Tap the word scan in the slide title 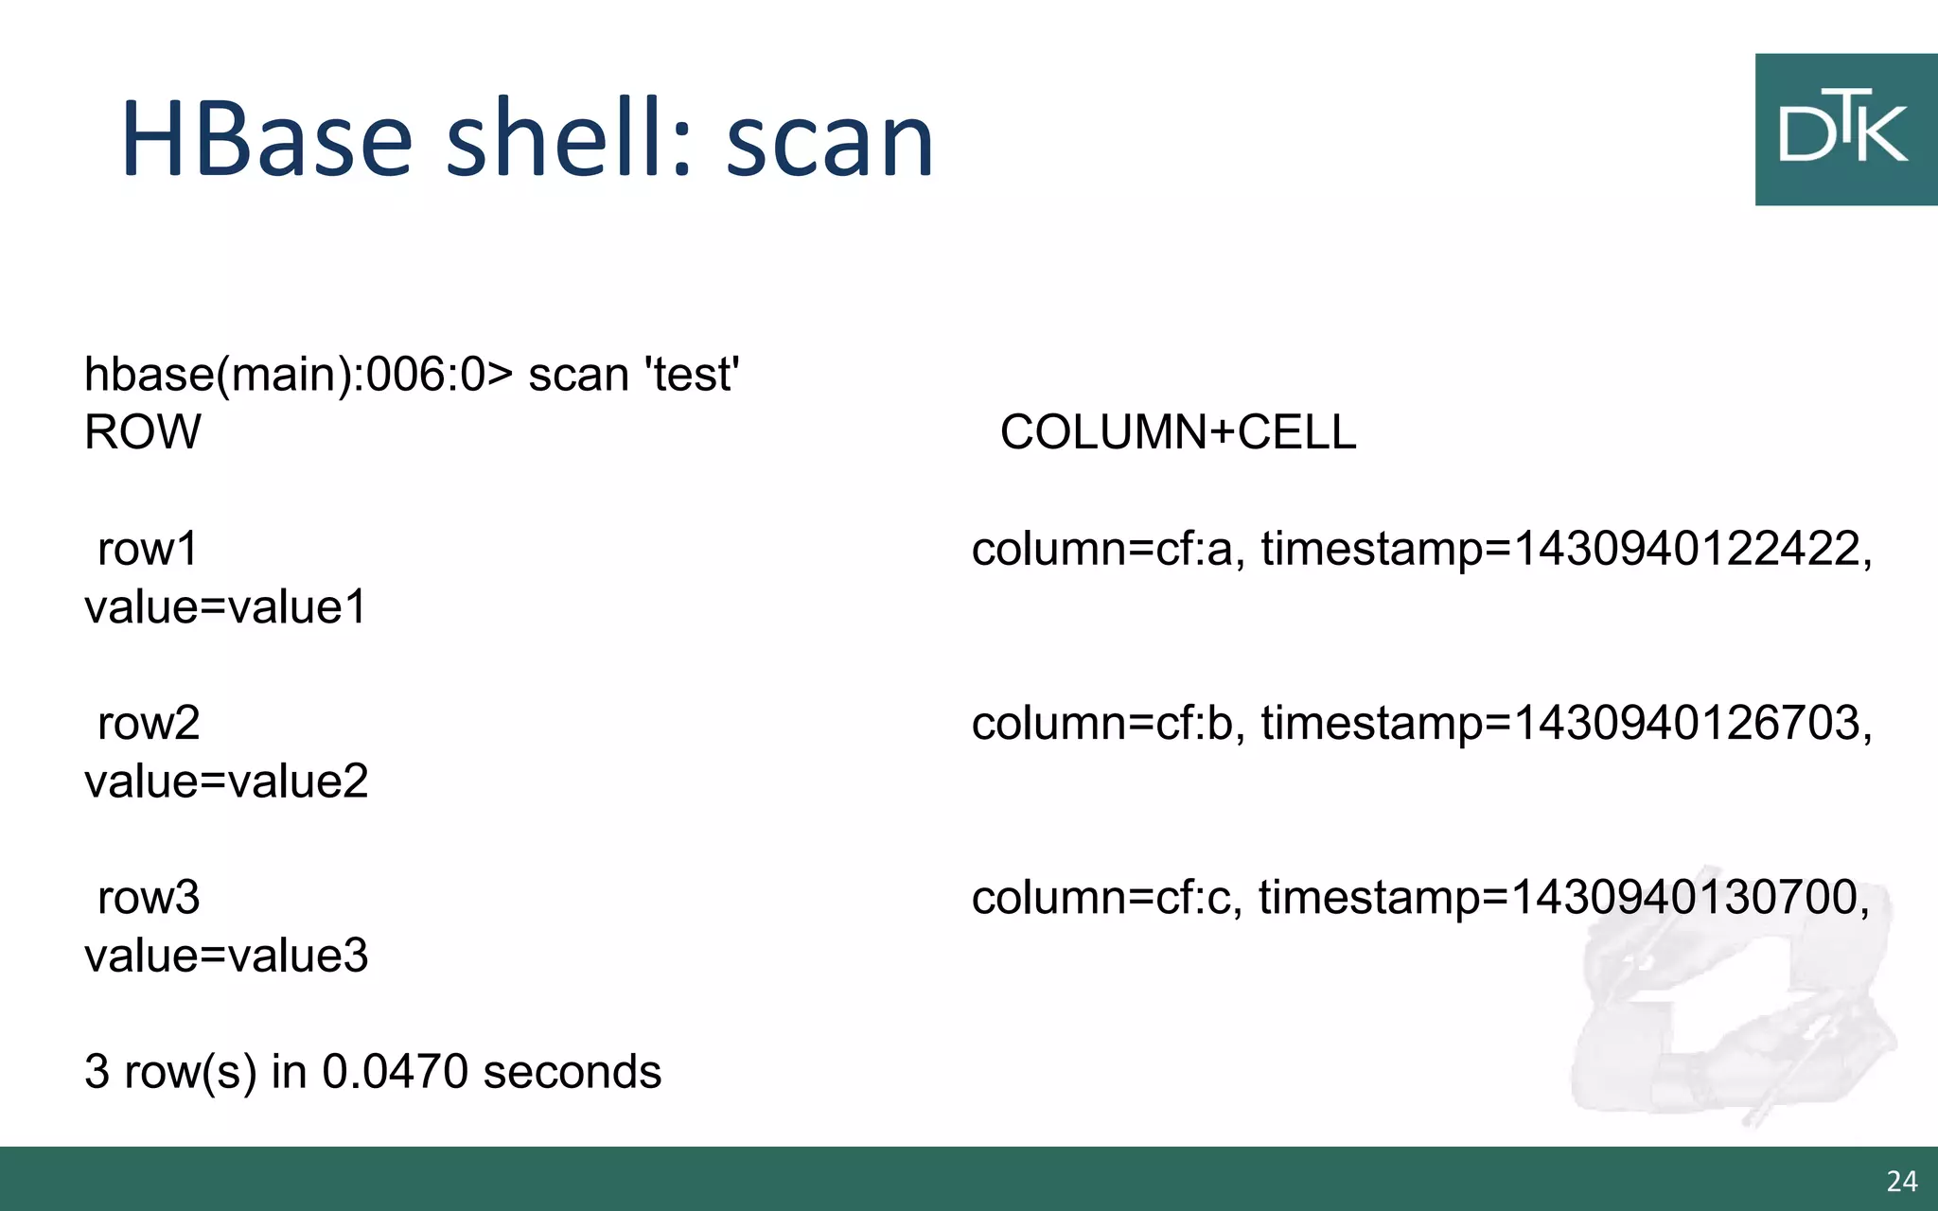pyautogui.click(x=830, y=142)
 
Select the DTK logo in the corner pyautogui.click(x=1844, y=130)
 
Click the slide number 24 pyautogui.click(x=1901, y=1181)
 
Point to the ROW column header pyautogui.click(x=143, y=432)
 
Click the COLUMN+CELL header pyautogui.click(x=1178, y=432)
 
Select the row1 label pyautogui.click(x=148, y=549)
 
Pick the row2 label pyautogui.click(x=149, y=723)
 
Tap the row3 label pyautogui.click(x=149, y=897)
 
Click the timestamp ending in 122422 pyautogui.click(x=1566, y=549)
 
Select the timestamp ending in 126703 pyautogui.click(x=1566, y=723)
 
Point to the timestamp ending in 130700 pyautogui.click(x=1563, y=897)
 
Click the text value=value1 pyautogui.click(x=225, y=606)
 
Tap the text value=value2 pyautogui.click(x=226, y=781)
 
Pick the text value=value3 pyautogui.click(x=226, y=955)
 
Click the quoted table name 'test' pyautogui.click(x=692, y=375)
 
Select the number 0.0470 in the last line pyautogui.click(x=396, y=1071)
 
